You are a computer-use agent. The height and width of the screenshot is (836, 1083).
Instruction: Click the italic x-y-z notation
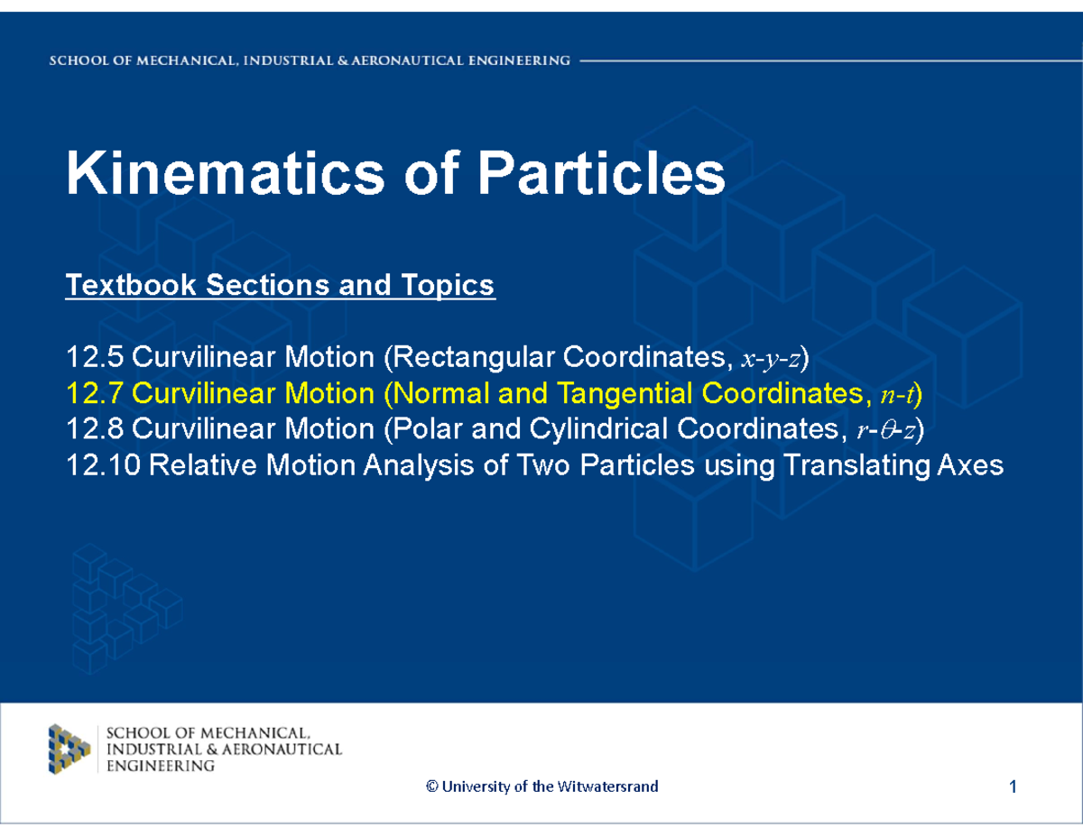click(772, 359)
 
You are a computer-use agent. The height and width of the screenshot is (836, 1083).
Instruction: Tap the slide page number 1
click(1014, 787)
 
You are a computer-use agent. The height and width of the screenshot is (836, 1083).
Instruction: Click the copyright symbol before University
click(430, 786)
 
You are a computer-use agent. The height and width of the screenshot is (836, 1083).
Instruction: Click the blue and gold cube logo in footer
click(69, 749)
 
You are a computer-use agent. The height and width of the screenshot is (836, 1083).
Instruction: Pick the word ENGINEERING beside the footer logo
click(161, 766)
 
